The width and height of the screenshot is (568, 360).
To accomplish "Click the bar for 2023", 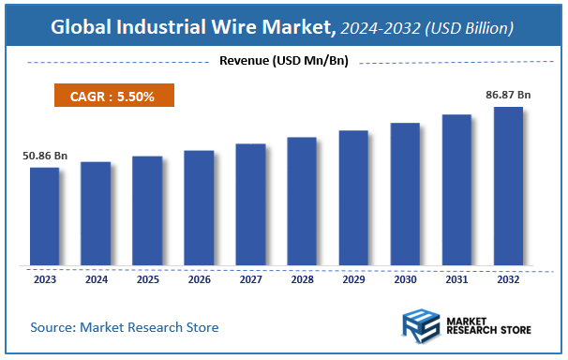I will click(x=44, y=217).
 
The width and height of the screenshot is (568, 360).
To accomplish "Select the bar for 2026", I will click(x=199, y=208).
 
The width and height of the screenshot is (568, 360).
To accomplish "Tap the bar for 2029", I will click(x=353, y=198).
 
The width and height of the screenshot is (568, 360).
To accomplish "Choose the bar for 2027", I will click(x=250, y=204).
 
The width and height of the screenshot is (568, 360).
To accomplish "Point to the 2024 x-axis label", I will click(x=96, y=278).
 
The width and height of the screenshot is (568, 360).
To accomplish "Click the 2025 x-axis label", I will click(x=147, y=278).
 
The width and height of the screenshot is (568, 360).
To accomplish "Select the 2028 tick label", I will click(x=302, y=278).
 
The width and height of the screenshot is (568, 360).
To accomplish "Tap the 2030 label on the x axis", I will click(x=405, y=278).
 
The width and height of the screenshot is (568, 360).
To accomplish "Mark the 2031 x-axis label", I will click(x=456, y=278).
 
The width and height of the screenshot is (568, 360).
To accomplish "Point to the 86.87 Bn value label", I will click(x=508, y=95).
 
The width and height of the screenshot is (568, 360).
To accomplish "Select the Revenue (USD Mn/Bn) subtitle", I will click(x=284, y=62).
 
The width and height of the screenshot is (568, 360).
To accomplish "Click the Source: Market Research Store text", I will click(x=125, y=327).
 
